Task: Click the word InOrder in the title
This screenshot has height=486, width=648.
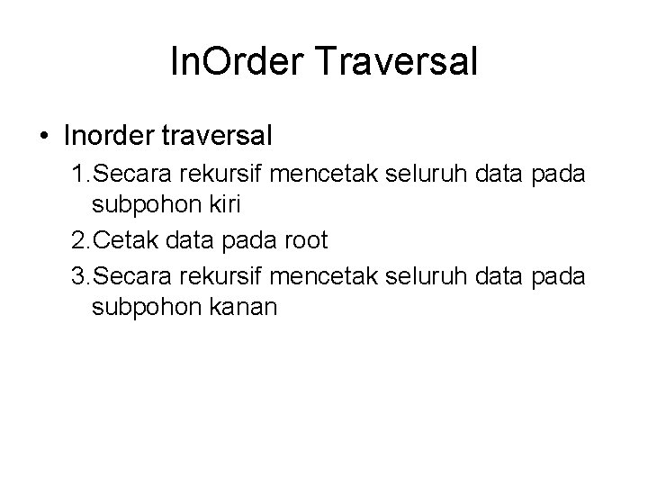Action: (229, 63)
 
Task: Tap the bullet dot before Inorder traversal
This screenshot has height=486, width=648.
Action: (44, 136)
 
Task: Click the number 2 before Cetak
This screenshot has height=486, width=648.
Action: (77, 242)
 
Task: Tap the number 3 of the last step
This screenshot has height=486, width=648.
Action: (77, 275)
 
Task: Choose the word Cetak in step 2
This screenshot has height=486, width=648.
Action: (121, 242)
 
